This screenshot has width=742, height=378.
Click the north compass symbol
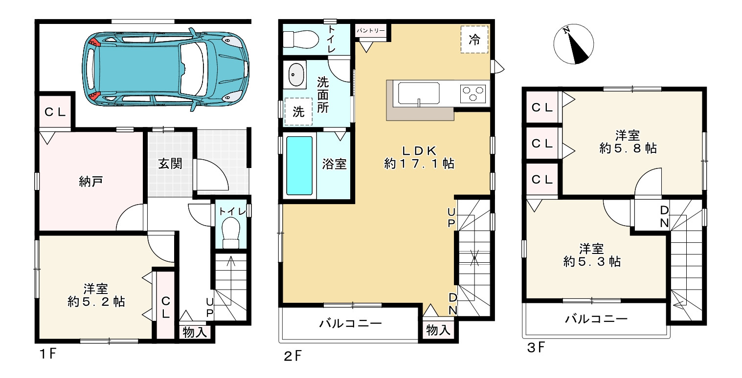[573, 43]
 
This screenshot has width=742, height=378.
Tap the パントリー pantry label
[371, 31]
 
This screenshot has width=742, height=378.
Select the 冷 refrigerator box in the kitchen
[474, 40]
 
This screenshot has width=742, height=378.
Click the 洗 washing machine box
[298, 111]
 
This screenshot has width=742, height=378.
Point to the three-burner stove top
[472, 93]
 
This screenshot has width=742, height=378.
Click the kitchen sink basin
[419, 94]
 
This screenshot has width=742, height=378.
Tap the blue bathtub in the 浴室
[299, 166]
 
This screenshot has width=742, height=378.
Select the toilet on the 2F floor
[300, 40]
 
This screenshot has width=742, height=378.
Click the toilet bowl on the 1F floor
[231, 233]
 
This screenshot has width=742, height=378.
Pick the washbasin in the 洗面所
[294, 74]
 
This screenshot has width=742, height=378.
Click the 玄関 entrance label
[170, 164]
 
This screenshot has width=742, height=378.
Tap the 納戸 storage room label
[91, 181]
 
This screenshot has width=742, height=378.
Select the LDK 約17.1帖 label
[419, 157]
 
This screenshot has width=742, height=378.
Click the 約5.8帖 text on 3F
[628, 148]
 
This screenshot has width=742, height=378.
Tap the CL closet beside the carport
[55, 112]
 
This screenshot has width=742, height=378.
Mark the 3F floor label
[536, 348]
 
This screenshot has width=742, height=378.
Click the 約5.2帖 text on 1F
[96, 302]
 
